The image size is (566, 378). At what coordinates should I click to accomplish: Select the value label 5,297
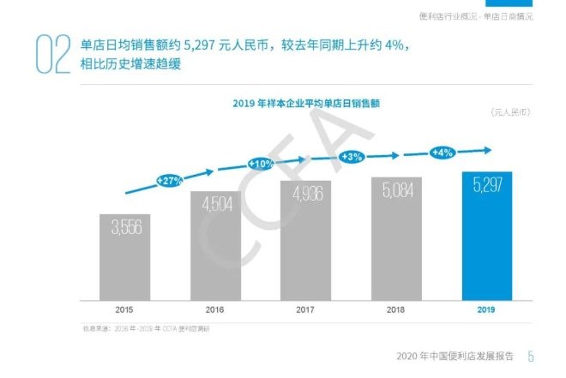click(x=486, y=183)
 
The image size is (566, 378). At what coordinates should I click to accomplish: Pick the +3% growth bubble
click(x=352, y=157)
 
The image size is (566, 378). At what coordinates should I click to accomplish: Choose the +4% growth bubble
click(x=443, y=153)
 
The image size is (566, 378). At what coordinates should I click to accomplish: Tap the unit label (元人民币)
click(x=512, y=113)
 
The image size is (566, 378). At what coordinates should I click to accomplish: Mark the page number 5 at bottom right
click(x=531, y=357)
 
